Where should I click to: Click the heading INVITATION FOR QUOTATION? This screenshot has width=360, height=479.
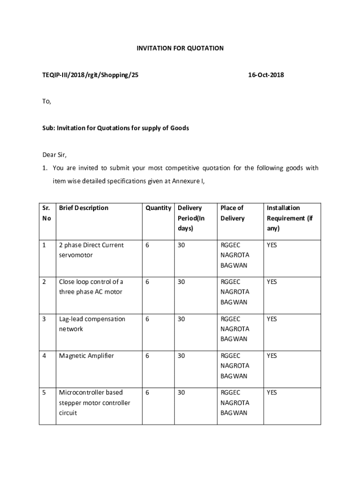(180, 48)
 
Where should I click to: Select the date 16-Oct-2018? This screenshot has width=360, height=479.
(266, 75)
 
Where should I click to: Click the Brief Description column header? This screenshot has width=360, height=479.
(84, 208)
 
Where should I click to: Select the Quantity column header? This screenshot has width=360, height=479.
(158, 208)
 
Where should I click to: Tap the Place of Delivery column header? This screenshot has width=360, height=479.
(232, 213)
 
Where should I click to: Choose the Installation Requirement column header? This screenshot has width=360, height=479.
(289, 218)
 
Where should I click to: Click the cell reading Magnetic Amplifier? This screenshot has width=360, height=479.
(86, 356)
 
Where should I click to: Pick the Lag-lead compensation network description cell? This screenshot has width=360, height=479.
(92, 324)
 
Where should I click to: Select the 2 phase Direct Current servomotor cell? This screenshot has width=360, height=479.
(91, 250)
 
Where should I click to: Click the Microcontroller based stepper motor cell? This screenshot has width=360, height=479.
(94, 403)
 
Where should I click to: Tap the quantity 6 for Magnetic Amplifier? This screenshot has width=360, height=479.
(147, 356)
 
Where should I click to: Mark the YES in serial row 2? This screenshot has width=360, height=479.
(272, 282)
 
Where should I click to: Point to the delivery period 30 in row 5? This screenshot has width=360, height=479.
(181, 392)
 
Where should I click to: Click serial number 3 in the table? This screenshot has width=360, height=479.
(44, 319)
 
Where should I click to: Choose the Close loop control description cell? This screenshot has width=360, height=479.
(91, 287)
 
